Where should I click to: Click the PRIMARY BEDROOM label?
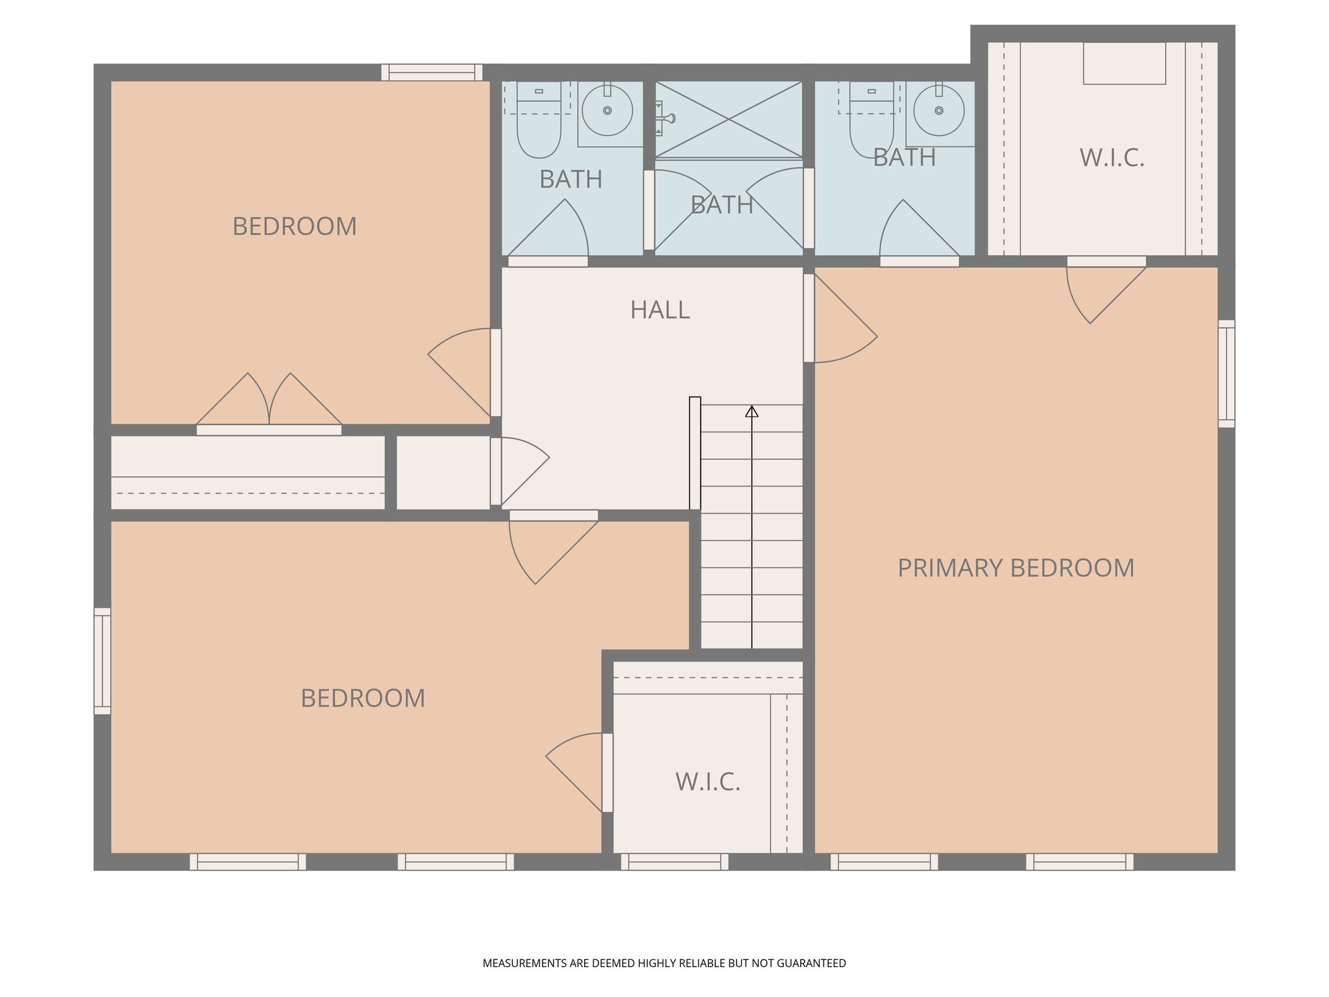pyautogui.click(x=1016, y=568)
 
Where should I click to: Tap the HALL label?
pyautogui.click(x=660, y=310)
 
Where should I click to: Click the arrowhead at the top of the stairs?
pyautogui.click(x=751, y=412)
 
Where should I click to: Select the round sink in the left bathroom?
pyautogui.click(x=607, y=111)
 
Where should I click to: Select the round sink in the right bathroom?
pyautogui.click(x=938, y=111)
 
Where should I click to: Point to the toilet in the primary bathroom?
pyautogui.click(x=871, y=127)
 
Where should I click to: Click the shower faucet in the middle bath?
pyautogui.click(x=664, y=118)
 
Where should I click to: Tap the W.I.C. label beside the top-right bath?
pyautogui.click(x=1112, y=158)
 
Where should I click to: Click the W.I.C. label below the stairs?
pyautogui.click(x=707, y=782)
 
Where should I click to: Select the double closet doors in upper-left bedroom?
pyautogui.click(x=269, y=402)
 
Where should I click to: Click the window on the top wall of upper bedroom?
pyautogui.click(x=432, y=72)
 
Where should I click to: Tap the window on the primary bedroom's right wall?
pyautogui.click(x=1226, y=373)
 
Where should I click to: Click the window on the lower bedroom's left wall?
pyautogui.click(x=103, y=661)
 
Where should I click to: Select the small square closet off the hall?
pyautogui.click(x=443, y=472)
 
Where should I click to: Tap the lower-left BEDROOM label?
pyautogui.click(x=363, y=698)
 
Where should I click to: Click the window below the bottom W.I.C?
pyautogui.click(x=674, y=861)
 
